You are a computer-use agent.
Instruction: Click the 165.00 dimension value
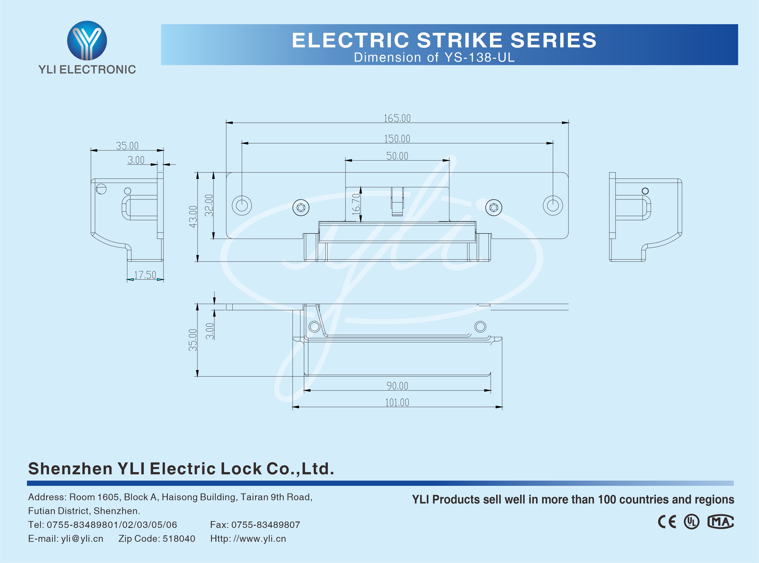397,118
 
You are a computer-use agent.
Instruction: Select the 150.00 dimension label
397,139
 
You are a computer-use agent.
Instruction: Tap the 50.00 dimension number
397,156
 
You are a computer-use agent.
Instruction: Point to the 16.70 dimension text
356,204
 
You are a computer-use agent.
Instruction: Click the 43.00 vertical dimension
193,217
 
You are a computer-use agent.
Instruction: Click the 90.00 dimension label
397,386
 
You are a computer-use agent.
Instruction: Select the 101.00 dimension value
397,402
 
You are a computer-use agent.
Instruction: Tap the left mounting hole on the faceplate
242,206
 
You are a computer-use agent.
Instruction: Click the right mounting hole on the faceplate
553,206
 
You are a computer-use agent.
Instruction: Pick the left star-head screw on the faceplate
301,208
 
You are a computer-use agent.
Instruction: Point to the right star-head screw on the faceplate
493,208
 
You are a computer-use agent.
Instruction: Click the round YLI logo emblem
87,41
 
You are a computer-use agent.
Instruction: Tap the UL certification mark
691,522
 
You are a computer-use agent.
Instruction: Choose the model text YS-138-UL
480,58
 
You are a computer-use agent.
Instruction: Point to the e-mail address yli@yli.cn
82,539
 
